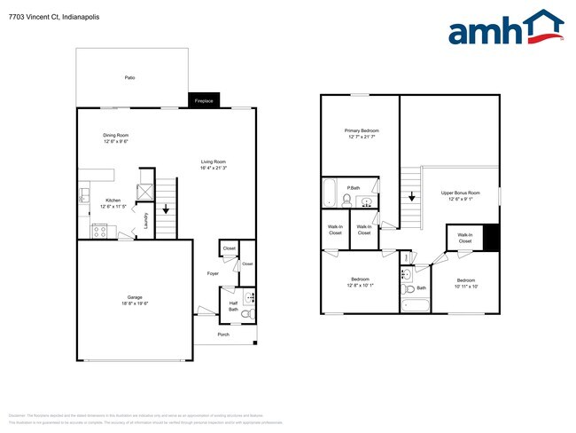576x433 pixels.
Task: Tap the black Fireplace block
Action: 204,101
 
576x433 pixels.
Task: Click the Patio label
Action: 129,78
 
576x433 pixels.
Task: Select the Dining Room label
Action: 116,135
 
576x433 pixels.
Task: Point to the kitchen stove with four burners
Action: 100,232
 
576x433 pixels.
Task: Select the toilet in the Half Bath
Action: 249,313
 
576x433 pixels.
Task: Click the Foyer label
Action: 213,273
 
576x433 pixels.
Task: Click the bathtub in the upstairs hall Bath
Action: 415,306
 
